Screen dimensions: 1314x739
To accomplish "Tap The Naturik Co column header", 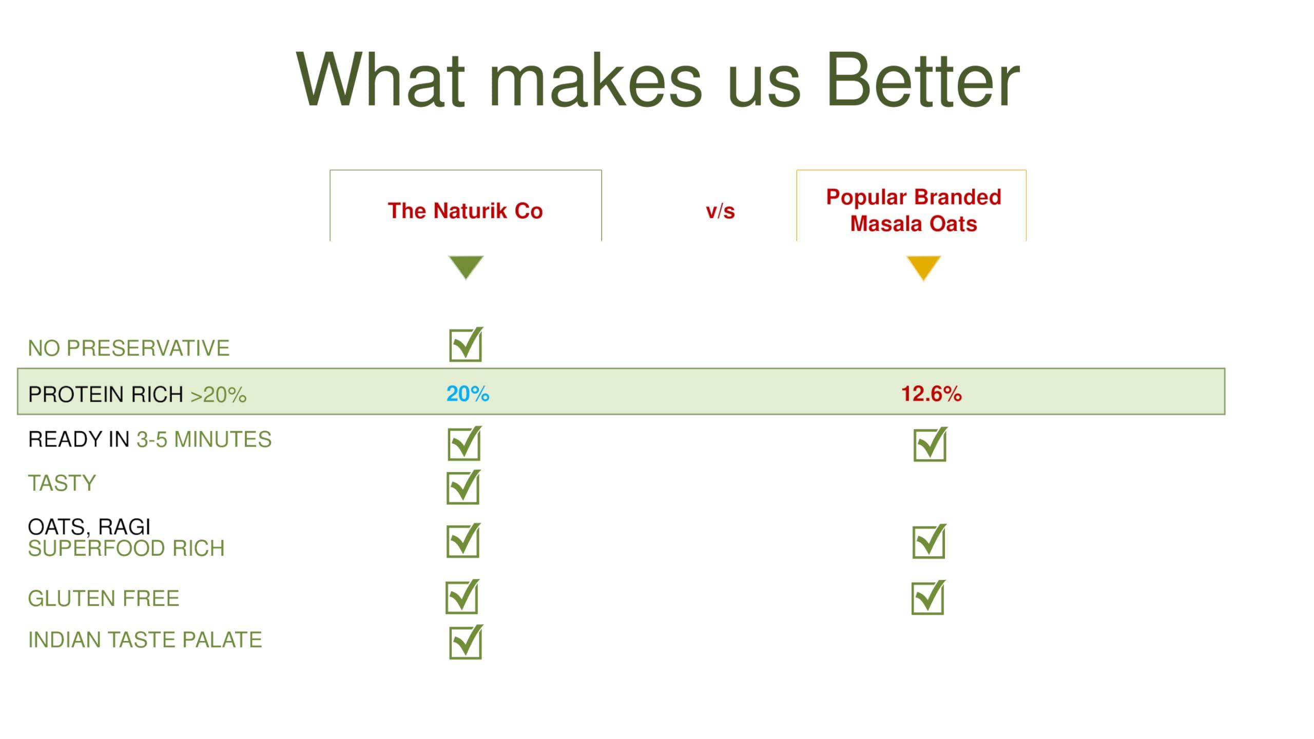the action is point(465,211).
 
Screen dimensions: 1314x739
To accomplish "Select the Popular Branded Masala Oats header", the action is point(914,210).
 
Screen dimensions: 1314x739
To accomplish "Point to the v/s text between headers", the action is point(720,211).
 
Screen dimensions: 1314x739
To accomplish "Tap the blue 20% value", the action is point(468,394).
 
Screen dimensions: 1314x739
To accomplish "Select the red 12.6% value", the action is point(931,394).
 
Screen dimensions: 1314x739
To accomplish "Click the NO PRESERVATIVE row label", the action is point(129,348).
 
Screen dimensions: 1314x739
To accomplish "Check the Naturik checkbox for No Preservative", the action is point(466,344).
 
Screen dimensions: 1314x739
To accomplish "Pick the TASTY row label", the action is point(62,483).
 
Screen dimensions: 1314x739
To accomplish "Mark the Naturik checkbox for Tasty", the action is point(463,487).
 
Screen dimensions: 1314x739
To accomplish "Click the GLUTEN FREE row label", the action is point(104,598).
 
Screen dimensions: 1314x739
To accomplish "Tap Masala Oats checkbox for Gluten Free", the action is point(929,597).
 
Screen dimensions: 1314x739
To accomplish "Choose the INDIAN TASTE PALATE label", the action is point(145,640).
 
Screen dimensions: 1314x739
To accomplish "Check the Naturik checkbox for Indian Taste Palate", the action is point(466,641).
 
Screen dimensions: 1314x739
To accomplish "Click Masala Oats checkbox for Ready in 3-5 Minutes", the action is point(931,444).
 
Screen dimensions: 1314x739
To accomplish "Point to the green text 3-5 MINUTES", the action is point(204,439).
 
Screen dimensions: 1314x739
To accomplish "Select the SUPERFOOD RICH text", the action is point(126,548).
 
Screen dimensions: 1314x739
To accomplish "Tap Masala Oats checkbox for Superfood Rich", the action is point(930,541).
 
